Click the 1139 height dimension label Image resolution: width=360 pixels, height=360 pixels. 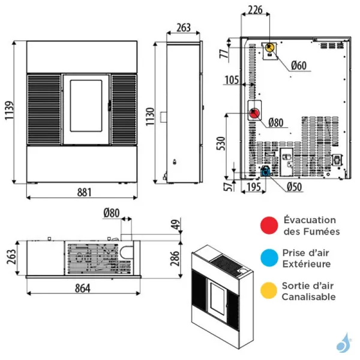(10, 110)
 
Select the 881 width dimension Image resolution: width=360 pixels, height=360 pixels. (84, 193)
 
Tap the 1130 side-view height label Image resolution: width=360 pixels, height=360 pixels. (150, 116)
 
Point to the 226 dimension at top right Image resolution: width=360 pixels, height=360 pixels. (255, 10)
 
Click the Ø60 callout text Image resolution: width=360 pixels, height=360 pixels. (299, 65)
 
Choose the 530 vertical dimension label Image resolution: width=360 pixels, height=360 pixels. (221, 143)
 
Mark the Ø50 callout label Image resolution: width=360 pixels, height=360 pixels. (295, 187)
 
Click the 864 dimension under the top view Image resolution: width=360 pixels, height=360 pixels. (83, 289)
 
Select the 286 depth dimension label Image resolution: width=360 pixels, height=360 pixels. (175, 258)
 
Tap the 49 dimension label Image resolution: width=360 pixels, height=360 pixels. (176, 224)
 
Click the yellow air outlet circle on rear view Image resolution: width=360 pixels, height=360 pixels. (269, 48)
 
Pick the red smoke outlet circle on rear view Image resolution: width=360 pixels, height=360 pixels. (254, 113)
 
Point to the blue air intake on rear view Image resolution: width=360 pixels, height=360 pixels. (265, 172)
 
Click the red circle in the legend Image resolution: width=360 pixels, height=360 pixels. (269, 225)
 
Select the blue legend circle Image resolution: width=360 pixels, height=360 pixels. (269, 258)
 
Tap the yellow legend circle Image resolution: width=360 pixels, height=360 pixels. (269, 290)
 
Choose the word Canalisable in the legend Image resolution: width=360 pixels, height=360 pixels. (308, 297)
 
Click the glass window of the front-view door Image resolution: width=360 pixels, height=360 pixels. (86, 106)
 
